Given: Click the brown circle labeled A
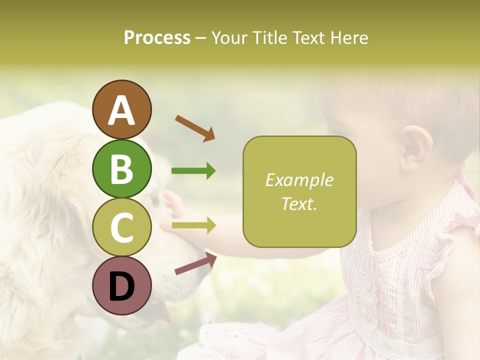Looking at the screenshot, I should (x=121, y=109).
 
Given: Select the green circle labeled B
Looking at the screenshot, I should (x=121, y=168).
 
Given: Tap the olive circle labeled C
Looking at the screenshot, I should (x=121, y=227).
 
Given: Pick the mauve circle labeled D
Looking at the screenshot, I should (x=121, y=285).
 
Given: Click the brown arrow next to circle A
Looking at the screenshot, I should (x=195, y=128).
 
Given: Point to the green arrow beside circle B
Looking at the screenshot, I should (x=193, y=171).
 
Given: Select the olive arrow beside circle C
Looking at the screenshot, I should (x=193, y=225).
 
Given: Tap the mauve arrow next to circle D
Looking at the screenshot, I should (x=195, y=263).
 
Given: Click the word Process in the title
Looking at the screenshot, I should (x=157, y=38).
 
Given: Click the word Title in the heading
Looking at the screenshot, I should (x=269, y=38).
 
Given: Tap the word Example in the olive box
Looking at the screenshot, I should (x=299, y=180).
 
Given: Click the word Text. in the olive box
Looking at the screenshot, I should (x=299, y=203).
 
